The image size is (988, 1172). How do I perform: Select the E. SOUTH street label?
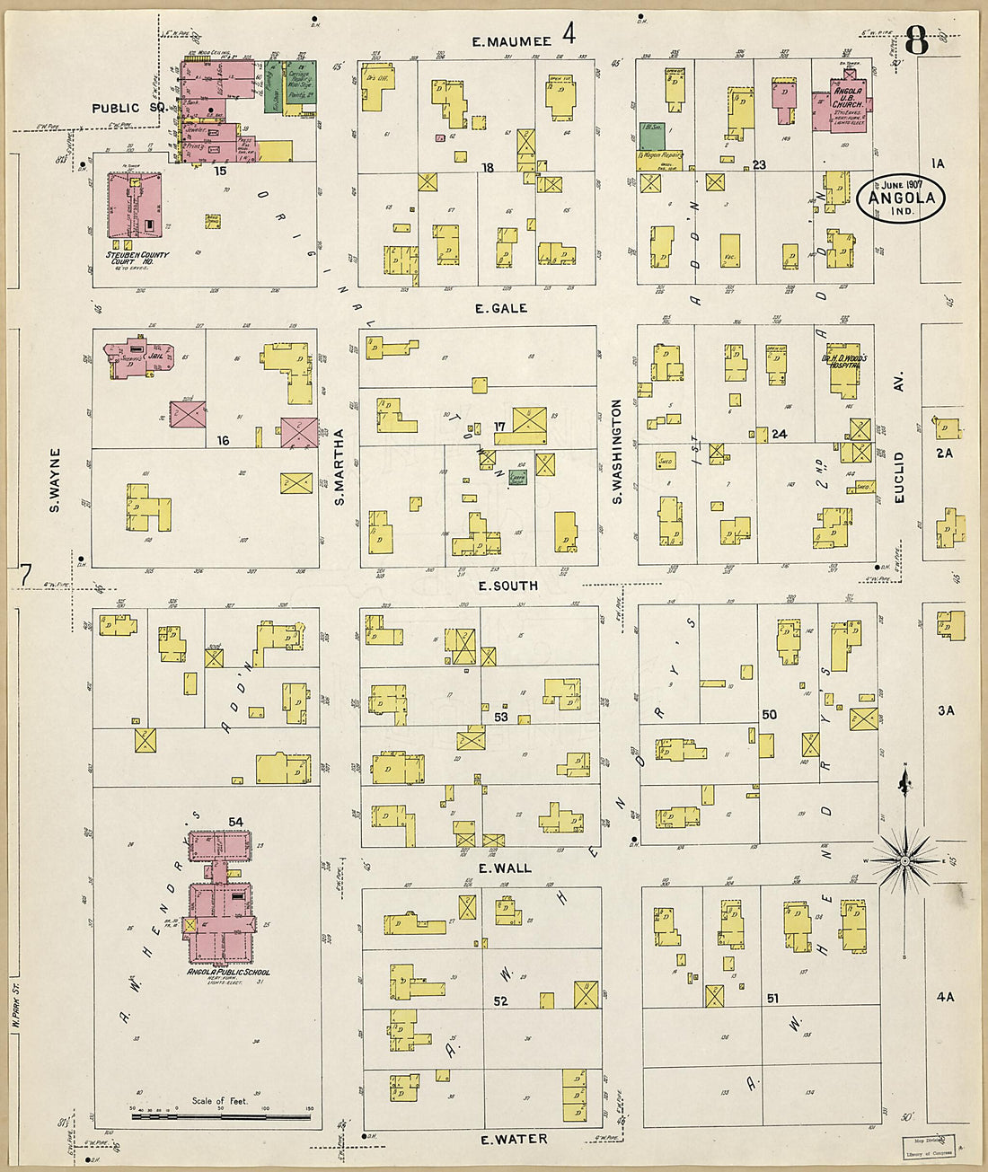click(507, 586)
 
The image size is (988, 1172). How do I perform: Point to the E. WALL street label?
click(504, 868)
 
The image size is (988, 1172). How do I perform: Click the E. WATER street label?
click(514, 1140)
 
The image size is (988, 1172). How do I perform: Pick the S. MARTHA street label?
click(340, 467)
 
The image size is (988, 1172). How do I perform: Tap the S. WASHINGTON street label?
click(617, 451)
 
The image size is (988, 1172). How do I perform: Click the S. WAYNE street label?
click(55, 480)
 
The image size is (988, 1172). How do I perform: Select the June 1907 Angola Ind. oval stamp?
click(901, 198)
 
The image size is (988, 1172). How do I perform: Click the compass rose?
click(905, 860)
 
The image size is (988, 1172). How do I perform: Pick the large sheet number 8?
click(916, 41)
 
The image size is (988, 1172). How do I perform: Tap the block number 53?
click(500, 717)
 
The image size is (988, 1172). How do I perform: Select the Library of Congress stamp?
click(929, 1147)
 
